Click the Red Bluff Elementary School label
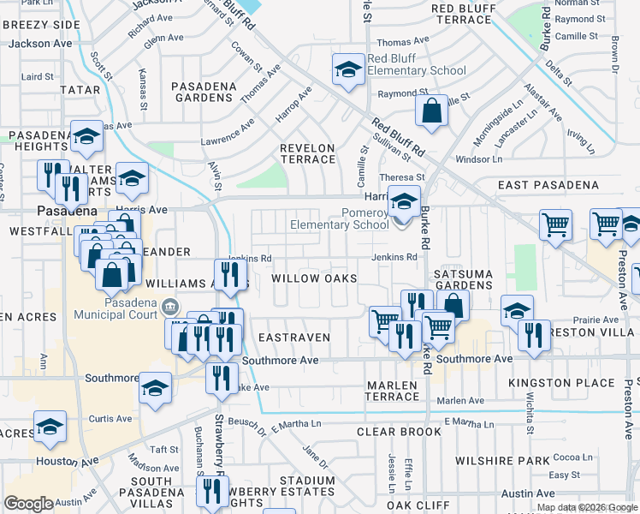(416, 64)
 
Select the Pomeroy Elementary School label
(340, 218)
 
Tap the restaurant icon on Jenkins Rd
(229, 273)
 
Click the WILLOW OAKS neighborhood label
(314, 279)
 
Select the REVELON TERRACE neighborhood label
(307, 154)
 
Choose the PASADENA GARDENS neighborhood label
(213, 93)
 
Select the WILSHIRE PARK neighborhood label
(501, 461)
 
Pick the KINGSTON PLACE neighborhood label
(556, 382)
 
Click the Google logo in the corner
(28, 504)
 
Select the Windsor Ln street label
(479, 159)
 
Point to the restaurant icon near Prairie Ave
(534, 334)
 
